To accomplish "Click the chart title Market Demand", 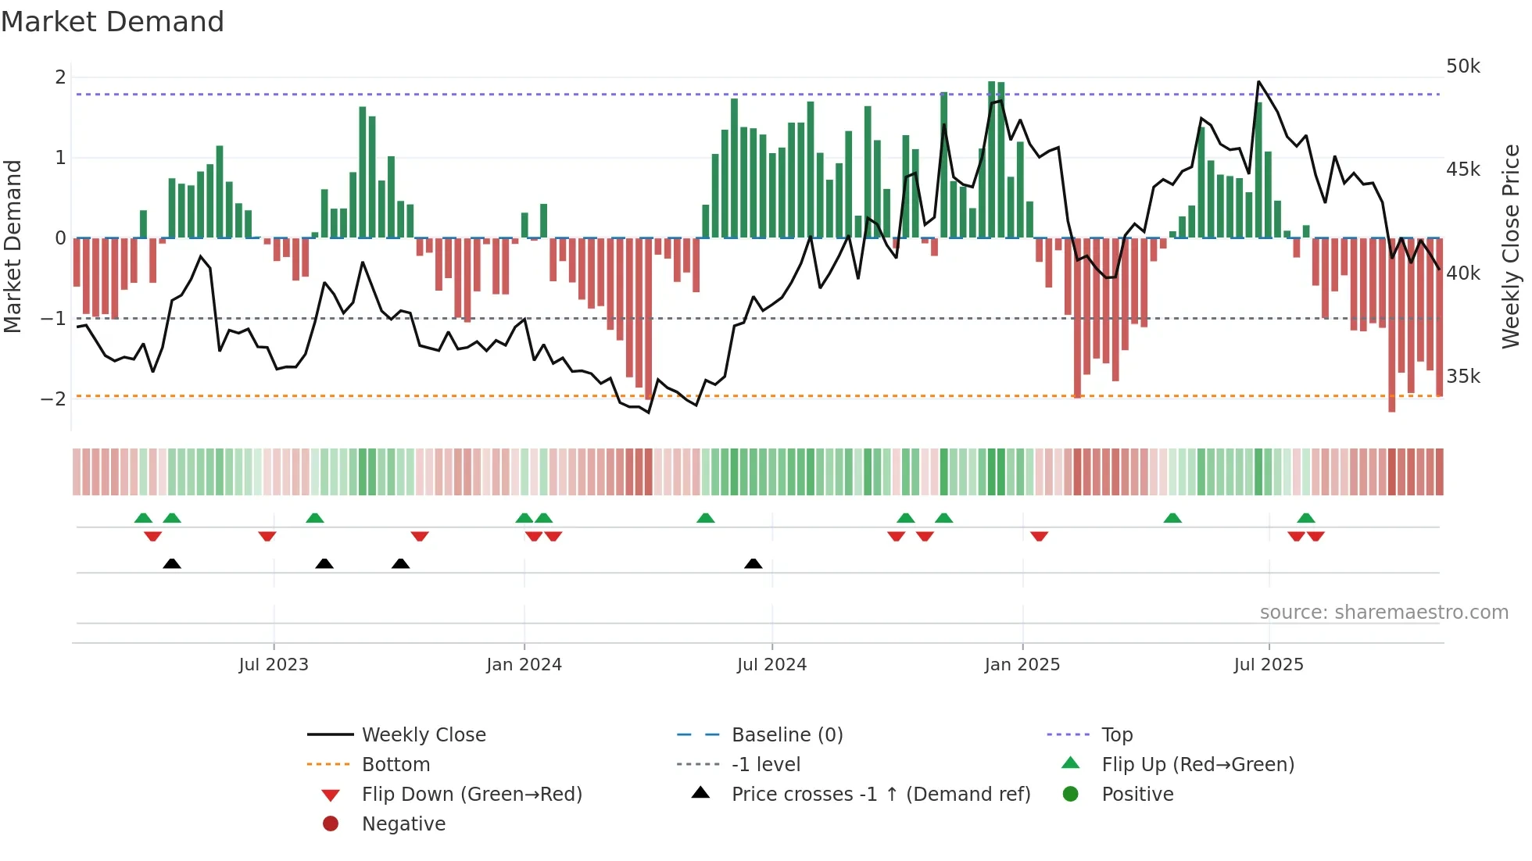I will pos(113,22).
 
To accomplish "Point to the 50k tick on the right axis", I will pos(1462,66).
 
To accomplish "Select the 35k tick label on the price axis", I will pos(1462,377).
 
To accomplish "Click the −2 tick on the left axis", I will pos(54,399).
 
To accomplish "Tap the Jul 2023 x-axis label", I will pos(274,665).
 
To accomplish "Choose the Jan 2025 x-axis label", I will pos(1022,665).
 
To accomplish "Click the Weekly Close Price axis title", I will pos(1510,246).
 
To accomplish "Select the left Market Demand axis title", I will pos(13,246).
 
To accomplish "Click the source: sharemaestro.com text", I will pos(1383,613).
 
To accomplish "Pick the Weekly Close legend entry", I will pos(423,735).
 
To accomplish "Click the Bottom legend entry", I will pos(396,765).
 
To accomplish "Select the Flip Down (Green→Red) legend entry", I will pos(471,795).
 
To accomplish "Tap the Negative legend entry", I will pos(403,824).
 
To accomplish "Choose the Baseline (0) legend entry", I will pos(786,735).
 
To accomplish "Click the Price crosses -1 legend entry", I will pos(880,795).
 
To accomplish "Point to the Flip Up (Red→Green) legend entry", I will pos(1197,765).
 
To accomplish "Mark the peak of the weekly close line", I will pos(1258,81).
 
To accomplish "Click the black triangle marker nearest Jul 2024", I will pos(753,563).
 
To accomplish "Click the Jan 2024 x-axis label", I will pos(524,665).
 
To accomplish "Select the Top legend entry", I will pos(1116,735).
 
